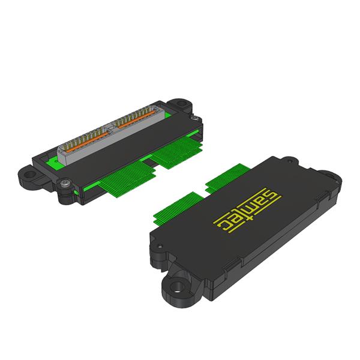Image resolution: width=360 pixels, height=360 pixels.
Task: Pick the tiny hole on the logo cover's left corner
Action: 160,247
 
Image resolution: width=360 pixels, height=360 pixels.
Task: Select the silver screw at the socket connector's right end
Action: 195,118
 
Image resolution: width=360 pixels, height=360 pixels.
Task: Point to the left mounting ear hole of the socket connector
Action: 29,174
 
